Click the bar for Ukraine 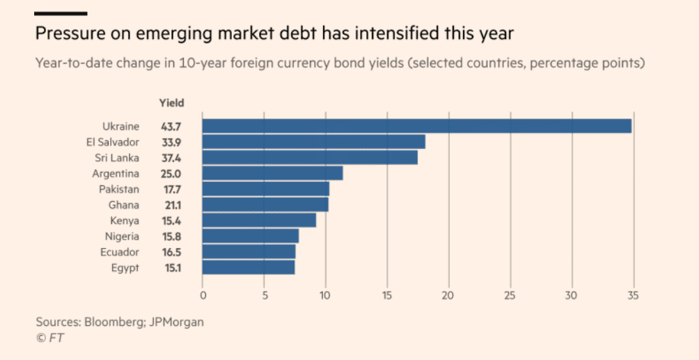tap(416, 126)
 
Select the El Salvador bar tap(313, 142)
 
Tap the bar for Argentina tap(272, 173)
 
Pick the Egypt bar tap(249, 267)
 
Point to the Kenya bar tap(259, 220)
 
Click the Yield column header tap(172, 103)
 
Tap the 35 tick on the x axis tap(632, 295)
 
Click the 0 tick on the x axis tap(203, 295)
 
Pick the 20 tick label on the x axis tap(448, 295)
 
